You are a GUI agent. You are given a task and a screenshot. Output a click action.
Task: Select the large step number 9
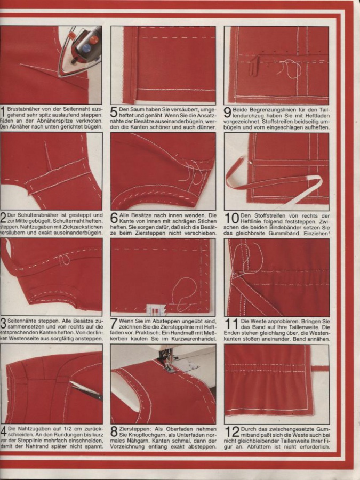click(228, 112)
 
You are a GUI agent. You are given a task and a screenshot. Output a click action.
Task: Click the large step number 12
click(232, 431)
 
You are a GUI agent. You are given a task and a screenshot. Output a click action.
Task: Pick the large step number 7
click(115, 324)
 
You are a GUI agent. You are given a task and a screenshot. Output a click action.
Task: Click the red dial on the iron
click(94, 39)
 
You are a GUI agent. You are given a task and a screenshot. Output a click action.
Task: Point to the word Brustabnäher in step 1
click(21, 109)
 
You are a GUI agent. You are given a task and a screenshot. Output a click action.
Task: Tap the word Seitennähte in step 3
click(20, 322)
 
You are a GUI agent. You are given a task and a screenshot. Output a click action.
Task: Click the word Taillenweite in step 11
click(305, 327)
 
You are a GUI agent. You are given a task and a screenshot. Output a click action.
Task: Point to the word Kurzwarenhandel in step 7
click(197, 339)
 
